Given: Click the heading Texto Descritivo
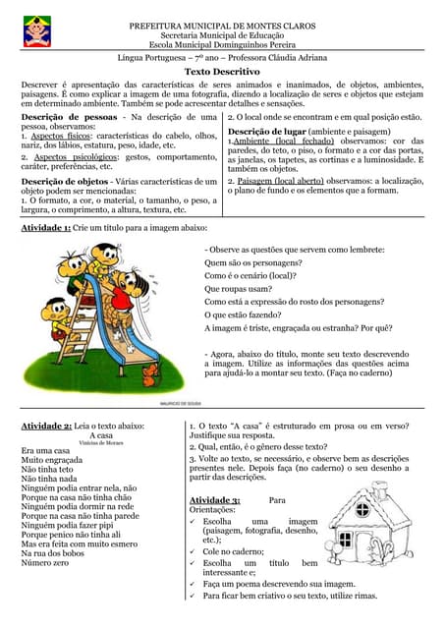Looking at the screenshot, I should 222,72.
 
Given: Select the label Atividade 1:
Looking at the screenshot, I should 46,228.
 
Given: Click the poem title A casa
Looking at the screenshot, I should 101,434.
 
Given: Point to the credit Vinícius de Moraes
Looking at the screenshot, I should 100,443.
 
